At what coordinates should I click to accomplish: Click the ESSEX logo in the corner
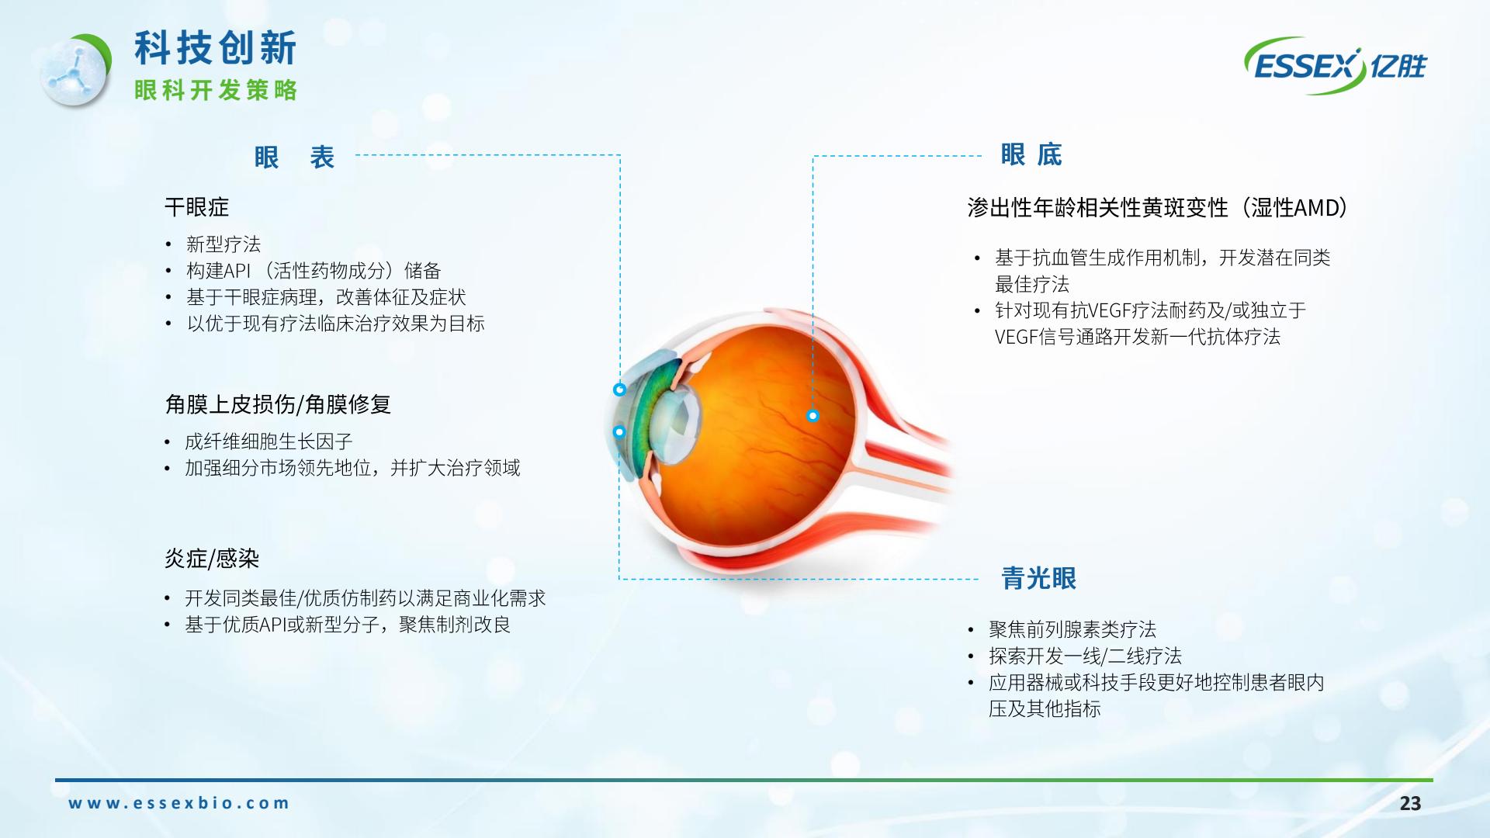[x=1335, y=66]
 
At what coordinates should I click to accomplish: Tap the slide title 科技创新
[x=216, y=48]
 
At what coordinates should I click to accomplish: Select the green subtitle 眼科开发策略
[x=216, y=90]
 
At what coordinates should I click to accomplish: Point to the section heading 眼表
[x=294, y=158]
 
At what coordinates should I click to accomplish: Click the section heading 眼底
[x=1031, y=154]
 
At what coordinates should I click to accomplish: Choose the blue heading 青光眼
[x=1039, y=578]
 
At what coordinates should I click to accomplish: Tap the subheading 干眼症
[x=197, y=207]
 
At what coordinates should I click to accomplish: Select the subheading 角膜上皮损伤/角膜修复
[x=278, y=404]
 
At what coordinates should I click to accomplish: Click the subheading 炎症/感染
[x=212, y=559]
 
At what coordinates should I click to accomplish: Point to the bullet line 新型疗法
[x=223, y=244]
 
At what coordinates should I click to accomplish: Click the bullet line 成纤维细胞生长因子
[x=269, y=442]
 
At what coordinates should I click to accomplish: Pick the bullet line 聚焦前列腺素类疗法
[x=1072, y=629]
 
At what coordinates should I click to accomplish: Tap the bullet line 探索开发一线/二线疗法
[x=1085, y=656]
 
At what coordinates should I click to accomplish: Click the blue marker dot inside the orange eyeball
[x=813, y=416]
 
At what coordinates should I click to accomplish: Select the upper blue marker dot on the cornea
[x=619, y=390]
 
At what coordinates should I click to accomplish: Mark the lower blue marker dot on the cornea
[x=619, y=431]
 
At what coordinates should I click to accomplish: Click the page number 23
[x=1410, y=804]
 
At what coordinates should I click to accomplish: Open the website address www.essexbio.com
[x=178, y=803]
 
